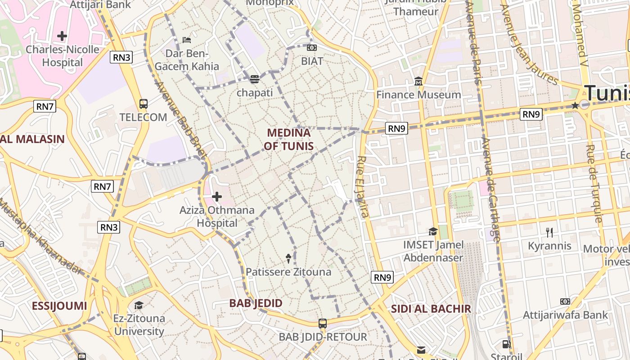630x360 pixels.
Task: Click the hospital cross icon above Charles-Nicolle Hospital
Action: pos(62,36)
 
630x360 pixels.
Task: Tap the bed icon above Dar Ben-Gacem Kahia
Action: pos(187,40)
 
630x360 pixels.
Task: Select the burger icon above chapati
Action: pos(255,79)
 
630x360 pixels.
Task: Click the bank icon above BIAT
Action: pos(311,47)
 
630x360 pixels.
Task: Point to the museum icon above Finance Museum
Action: pos(418,81)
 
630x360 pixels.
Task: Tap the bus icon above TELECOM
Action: pos(143,104)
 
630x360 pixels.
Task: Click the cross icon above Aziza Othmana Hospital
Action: pos(217,197)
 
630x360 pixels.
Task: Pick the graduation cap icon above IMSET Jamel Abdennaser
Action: pos(433,231)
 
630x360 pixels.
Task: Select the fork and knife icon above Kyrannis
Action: pos(549,233)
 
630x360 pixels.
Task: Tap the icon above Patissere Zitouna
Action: pos(288,258)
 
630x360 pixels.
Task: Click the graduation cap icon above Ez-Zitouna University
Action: pos(139,305)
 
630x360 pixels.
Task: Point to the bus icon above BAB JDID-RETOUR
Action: pos(322,323)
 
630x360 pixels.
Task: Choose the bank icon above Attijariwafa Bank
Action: pos(565,301)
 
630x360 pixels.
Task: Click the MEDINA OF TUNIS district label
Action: pos(288,139)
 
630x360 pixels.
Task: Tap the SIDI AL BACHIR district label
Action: pos(431,309)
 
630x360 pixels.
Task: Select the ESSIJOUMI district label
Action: pos(59,306)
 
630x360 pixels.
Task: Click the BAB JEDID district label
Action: pos(256,303)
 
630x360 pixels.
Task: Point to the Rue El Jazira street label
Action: pos(363,186)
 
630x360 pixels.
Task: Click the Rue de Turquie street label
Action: pos(594,183)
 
